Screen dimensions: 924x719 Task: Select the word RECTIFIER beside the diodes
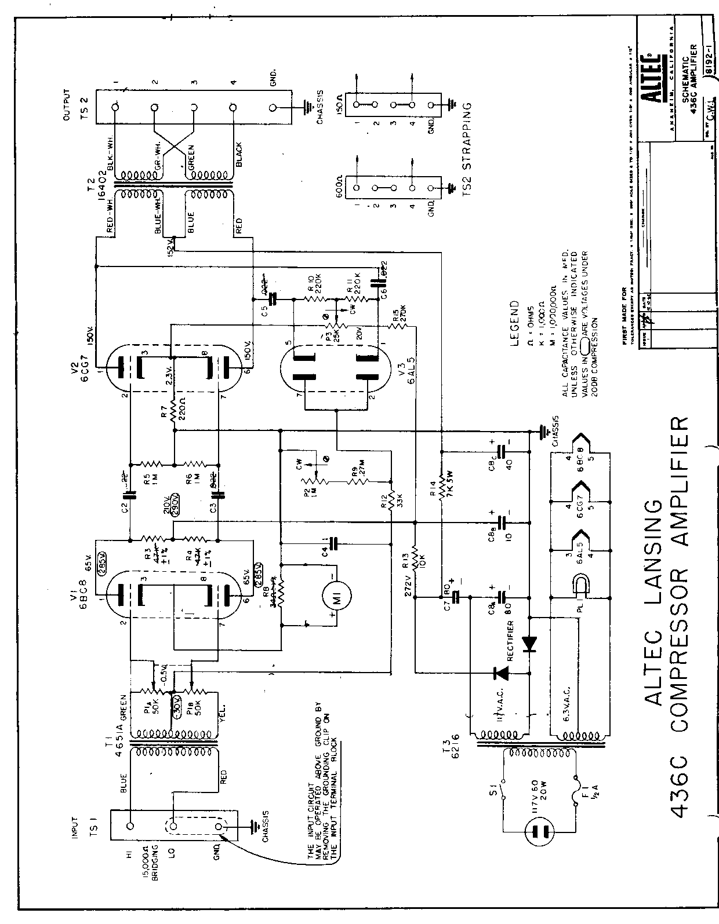point(510,642)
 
